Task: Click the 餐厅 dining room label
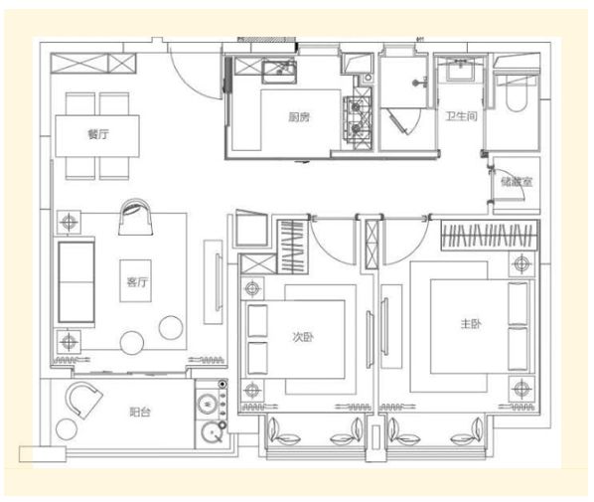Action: pyautogui.click(x=98, y=134)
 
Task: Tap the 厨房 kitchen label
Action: pyautogui.click(x=299, y=117)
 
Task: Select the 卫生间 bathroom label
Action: pyautogui.click(x=461, y=115)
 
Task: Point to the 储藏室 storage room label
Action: pyautogui.click(x=517, y=182)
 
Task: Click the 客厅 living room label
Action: pyautogui.click(x=137, y=282)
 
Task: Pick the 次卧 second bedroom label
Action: pyautogui.click(x=303, y=337)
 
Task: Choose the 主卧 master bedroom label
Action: pyautogui.click(x=471, y=324)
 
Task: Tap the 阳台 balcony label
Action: pyautogui.click(x=140, y=412)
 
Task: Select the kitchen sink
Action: pyautogui.click(x=279, y=71)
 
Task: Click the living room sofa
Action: pyautogui.click(x=76, y=282)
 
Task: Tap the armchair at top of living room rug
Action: pyautogui.click(x=136, y=218)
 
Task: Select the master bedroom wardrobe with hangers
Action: pyautogui.click(x=491, y=236)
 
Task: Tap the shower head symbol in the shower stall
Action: pyautogui.click(x=418, y=83)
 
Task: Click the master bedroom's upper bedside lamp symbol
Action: pyautogui.click(x=521, y=262)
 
